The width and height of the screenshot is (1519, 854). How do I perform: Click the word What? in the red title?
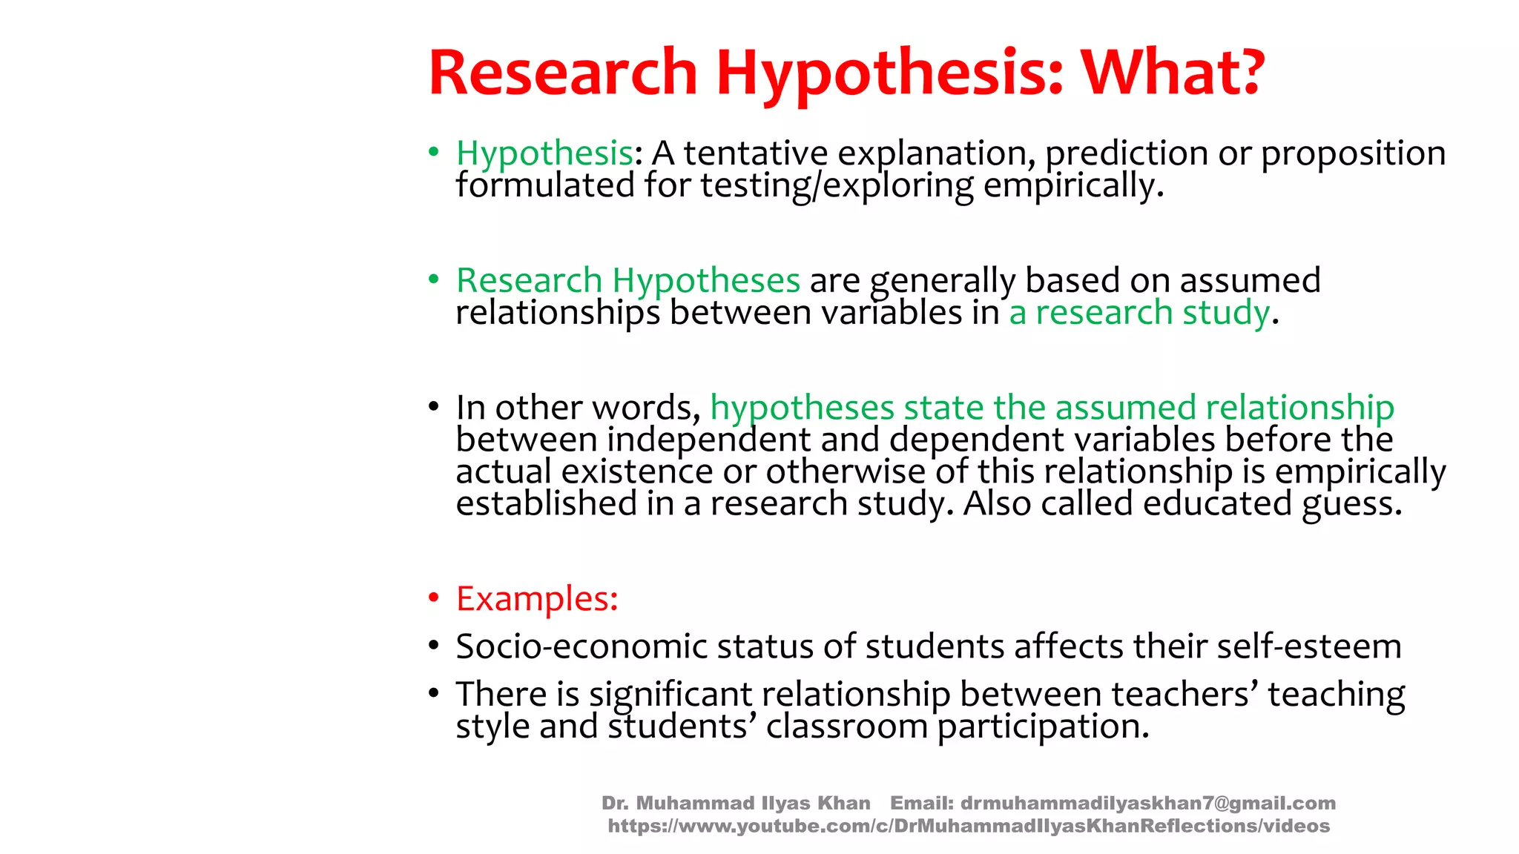[1172, 73]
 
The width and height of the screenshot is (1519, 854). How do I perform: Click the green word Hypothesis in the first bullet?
[544, 154]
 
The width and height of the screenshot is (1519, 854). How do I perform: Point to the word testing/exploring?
[837, 185]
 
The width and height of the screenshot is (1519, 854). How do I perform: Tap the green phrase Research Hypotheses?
[628, 281]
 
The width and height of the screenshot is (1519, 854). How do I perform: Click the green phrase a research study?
[1139, 313]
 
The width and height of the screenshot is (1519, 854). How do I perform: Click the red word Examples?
[537, 598]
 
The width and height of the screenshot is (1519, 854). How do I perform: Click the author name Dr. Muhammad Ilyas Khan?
[736, 803]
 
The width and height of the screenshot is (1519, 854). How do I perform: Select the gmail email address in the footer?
[1147, 803]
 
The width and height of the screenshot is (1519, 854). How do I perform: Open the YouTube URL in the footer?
[969, 826]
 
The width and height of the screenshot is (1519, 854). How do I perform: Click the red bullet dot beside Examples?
[434, 598]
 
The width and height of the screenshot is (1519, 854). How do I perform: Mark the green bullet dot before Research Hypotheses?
[434, 279]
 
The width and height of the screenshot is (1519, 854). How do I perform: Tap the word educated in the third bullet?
[1217, 504]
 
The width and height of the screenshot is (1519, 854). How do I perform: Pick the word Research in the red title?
[563, 73]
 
